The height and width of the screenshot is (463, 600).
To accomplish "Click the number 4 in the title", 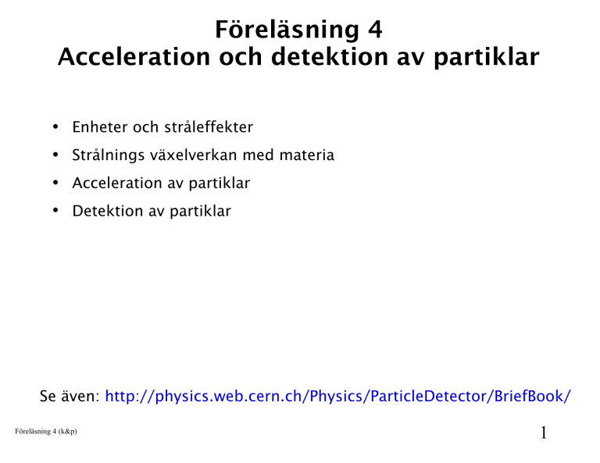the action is pos(375,30).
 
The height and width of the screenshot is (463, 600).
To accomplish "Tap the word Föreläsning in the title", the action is pos(287,30).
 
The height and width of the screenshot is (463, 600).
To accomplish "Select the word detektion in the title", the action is pos(330,57).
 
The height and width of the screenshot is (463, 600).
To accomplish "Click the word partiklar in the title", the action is pos(487,58).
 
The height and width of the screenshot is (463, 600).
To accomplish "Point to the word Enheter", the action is pos(100,127).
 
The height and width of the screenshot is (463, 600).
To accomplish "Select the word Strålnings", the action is pos(109,155).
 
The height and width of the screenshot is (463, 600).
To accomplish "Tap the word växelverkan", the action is pos(194,155).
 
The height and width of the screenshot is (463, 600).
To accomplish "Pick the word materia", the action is pos(307,155).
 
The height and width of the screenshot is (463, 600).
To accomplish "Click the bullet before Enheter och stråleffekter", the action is pos(55,126).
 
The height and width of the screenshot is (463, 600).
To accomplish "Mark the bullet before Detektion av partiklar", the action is pos(55,211).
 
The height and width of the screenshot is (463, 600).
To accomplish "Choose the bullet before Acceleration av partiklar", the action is pos(55,183).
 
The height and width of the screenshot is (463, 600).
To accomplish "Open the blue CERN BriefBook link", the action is pos(337,397).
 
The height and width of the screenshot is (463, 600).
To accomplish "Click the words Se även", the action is pos(70,396).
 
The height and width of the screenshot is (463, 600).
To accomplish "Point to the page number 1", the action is pos(544,433).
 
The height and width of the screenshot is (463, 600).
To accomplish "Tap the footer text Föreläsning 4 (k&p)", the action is pos(46,431).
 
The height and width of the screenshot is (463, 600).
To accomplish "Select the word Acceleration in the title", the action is pos(134,57).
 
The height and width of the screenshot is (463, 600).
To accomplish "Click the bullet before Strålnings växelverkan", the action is pos(55,155).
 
